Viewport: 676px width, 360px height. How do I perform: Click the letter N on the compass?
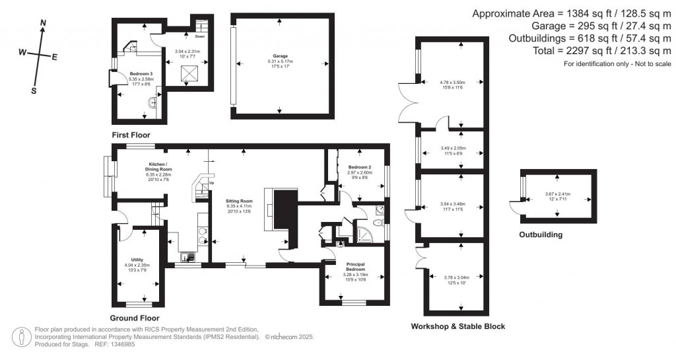click(44, 23)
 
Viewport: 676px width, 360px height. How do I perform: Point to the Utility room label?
click(137, 260)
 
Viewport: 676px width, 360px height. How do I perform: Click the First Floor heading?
click(131, 135)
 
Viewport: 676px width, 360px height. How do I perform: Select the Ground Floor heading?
click(135, 318)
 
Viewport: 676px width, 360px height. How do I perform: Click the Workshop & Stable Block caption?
click(457, 326)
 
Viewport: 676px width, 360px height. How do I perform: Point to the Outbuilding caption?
click(541, 234)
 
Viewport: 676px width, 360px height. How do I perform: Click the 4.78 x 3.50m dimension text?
click(452, 82)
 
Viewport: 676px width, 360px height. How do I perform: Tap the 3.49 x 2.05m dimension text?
click(453, 148)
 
